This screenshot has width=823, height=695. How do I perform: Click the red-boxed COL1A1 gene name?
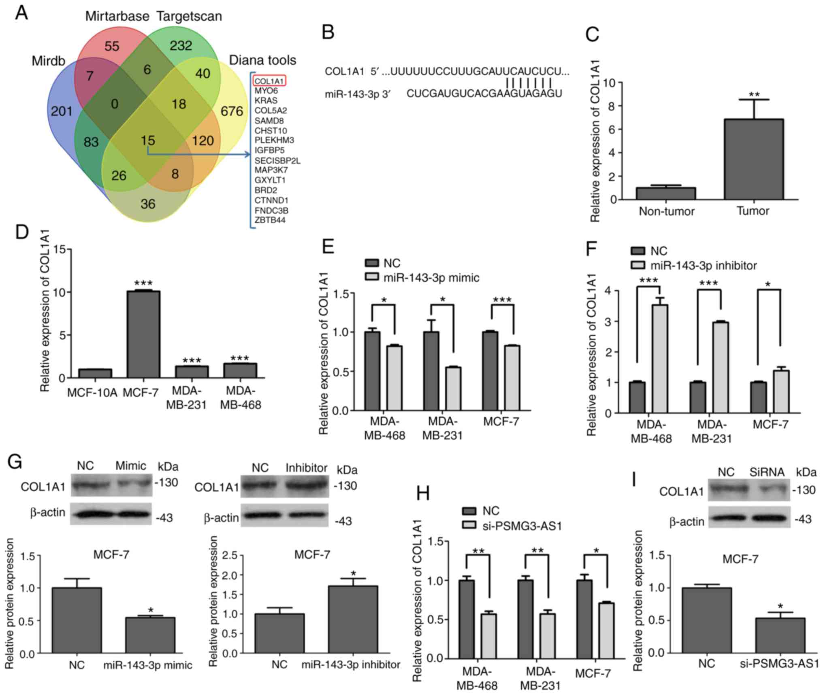coord(269,81)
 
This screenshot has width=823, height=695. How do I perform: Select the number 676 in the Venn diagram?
coord(232,111)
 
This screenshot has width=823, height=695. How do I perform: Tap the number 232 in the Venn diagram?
coord(181,45)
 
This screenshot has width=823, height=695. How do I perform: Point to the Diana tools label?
coord(262,60)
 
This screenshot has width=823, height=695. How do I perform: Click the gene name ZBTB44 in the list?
coord(270,220)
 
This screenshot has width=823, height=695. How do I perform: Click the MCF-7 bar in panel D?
coord(143,334)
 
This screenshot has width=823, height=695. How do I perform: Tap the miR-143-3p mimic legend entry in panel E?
coord(431,278)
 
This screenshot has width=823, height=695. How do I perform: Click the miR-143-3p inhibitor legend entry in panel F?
coord(703,266)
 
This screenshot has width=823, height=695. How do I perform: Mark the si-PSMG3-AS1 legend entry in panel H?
coord(522,526)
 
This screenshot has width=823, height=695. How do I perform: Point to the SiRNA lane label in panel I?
coord(766,472)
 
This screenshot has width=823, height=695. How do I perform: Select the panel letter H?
coord(423,494)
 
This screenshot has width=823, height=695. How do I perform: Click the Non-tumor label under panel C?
coord(666,211)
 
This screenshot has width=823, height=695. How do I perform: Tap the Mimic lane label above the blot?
coord(130,465)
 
